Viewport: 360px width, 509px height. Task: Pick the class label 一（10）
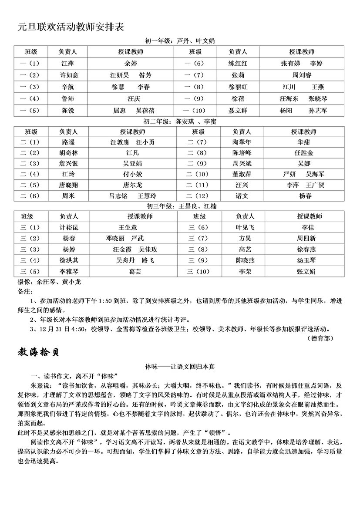point(195,111)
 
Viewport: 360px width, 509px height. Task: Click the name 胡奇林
point(68,153)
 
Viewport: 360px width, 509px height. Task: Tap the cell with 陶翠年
point(242,142)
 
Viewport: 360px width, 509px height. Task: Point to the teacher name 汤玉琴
point(306,260)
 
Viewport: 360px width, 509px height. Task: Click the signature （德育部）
point(322,337)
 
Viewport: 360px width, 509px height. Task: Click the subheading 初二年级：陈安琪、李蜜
point(180,122)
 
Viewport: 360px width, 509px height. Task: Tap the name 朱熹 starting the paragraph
point(38,386)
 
